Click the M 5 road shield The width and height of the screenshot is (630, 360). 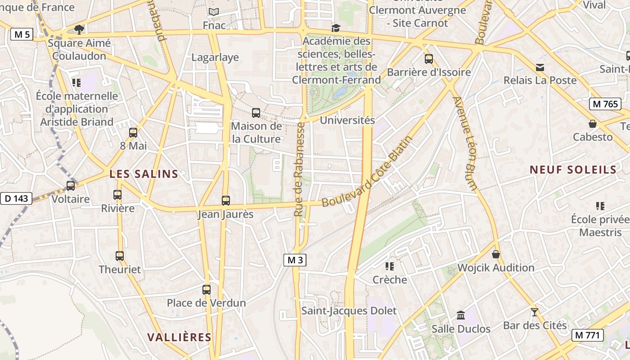pos(22,34)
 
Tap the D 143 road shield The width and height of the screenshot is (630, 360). pos(16,198)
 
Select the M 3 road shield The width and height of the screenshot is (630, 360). pos(295,260)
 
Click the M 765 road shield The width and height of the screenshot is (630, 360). pos(605,104)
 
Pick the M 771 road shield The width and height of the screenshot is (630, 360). pos(588,335)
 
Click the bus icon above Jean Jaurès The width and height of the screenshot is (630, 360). pos(226,201)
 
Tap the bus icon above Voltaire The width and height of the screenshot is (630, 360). pos(71,185)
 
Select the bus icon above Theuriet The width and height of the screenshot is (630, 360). pos(120,256)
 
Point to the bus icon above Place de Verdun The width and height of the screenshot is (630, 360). pos(207,290)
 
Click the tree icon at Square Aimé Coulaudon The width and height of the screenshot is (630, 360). pos(79,30)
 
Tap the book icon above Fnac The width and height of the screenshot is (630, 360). pos(214,12)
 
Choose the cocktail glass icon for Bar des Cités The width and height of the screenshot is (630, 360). pos(535,312)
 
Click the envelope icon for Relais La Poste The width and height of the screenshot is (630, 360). pos(540,67)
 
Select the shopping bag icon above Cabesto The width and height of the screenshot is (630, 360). pos(593,124)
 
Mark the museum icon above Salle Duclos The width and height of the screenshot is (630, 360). pos(461,315)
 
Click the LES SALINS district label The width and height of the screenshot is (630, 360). pos(144,174)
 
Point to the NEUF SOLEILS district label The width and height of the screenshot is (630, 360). pos(573,170)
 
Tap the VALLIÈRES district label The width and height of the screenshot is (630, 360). pos(179,337)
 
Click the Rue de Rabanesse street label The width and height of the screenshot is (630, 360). pos(299,169)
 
